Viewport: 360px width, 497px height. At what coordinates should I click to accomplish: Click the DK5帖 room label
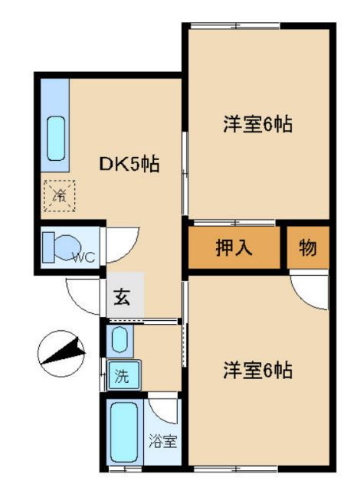(x=129, y=165)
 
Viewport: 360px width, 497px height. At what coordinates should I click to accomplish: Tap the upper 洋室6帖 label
(x=257, y=125)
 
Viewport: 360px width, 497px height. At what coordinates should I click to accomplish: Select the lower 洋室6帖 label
(x=257, y=371)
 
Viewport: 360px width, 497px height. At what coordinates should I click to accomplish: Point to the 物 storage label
(x=308, y=248)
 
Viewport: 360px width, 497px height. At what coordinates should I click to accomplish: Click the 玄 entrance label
(x=123, y=297)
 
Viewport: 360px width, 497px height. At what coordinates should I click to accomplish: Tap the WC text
(x=83, y=257)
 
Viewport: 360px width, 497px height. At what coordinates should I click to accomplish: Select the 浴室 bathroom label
(x=162, y=442)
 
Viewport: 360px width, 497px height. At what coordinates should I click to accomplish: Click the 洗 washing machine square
(x=120, y=377)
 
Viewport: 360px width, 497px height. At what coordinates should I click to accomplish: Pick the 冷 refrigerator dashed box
(x=59, y=194)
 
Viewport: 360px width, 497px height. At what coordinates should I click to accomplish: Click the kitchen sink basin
(x=56, y=139)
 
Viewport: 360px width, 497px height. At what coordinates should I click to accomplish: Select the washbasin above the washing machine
(x=119, y=339)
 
